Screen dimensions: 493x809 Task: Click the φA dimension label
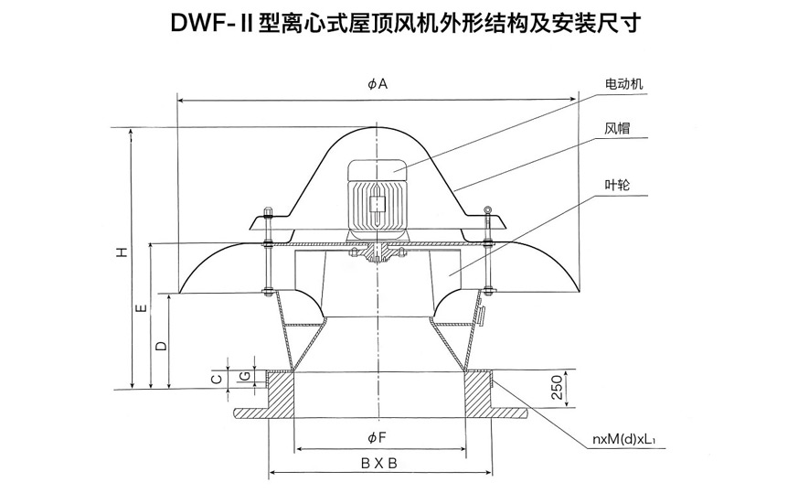tap(378, 84)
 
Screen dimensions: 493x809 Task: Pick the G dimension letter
tap(243, 376)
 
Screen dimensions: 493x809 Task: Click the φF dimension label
tap(378, 436)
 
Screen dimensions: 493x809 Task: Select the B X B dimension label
tap(378, 463)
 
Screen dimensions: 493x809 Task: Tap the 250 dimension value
tap(554, 388)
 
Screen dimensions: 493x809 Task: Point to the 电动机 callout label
tap(624, 84)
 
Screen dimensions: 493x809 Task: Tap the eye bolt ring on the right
tap(490, 216)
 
